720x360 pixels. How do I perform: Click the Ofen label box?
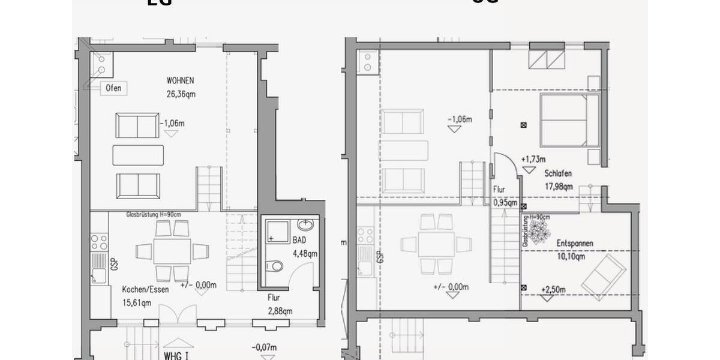pyautogui.click(x=113, y=88)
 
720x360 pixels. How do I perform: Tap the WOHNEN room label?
pyautogui.click(x=181, y=81)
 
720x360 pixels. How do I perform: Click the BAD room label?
pyautogui.click(x=299, y=240)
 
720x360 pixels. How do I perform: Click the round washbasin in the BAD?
pyautogui.click(x=305, y=226)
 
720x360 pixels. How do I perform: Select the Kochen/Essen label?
pyautogui.click(x=145, y=289)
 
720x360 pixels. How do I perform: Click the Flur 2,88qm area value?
pyautogui.click(x=280, y=311)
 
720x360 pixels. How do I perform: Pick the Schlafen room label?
pyautogui.click(x=558, y=173)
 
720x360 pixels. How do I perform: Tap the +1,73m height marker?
pyautogui.click(x=533, y=159)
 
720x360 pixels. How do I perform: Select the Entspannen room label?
pyautogui.click(x=575, y=244)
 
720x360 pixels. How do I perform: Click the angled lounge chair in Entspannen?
pyautogui.click(x=603, y=277)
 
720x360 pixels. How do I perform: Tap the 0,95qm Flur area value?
pyautogui.click(x=505, y=202)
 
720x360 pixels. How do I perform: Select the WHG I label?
pyautogui.click(x=177, y=355)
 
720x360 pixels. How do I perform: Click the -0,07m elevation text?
pyautogui.click(x=265, y=347)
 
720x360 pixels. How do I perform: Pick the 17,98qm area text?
pyautogui.click(x=559, y=187)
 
